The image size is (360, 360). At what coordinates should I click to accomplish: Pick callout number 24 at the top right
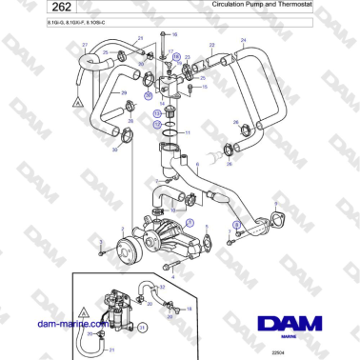tap(243, 39)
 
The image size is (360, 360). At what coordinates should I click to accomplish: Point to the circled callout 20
tap(149, 95)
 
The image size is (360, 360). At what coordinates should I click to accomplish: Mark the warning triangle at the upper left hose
tap(65, 99)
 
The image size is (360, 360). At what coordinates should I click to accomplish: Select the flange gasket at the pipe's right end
tap(279, 224)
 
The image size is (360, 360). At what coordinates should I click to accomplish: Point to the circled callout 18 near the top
tap(176, 58)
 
